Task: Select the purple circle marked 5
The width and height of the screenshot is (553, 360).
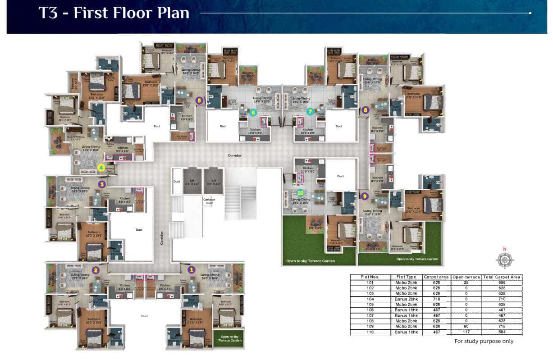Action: [199, 101]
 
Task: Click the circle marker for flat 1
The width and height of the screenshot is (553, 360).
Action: [191, 269]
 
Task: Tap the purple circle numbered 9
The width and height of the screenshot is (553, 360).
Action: [365, 196]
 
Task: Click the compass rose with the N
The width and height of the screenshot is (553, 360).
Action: [505, 260]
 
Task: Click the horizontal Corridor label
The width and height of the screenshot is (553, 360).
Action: [234, 155]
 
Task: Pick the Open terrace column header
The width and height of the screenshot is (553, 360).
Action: [466, 277]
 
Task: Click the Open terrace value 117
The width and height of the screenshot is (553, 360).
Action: [466, 332]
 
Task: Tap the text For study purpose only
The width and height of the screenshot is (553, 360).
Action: [484, 341]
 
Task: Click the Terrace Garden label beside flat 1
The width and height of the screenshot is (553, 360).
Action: [230, 338]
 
